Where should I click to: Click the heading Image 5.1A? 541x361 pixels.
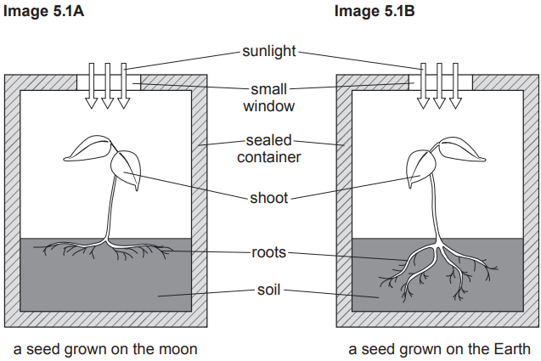pyautogui.click(x=41, y=11)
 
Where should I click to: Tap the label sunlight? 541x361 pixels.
pyautogui.click(x=269, y=52)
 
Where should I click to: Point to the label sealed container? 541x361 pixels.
pyautogui.click(x=269, y=148)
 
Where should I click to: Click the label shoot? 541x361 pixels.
pyautogui.click(x=269, y=198)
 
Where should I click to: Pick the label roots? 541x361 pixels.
pyautogui.click(x=269, y=251)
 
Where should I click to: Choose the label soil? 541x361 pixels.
pyautogui.click(x=269, y=290)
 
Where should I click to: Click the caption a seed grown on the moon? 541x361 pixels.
pyautogui.click(x=105, y=348)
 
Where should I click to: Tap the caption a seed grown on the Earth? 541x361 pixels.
pyautogui.click(x=439, y=348)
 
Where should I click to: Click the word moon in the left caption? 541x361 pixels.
pyautogui.click(x=178, y=348)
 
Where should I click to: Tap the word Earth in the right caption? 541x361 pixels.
pyautogui.click(x=512, y=348)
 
